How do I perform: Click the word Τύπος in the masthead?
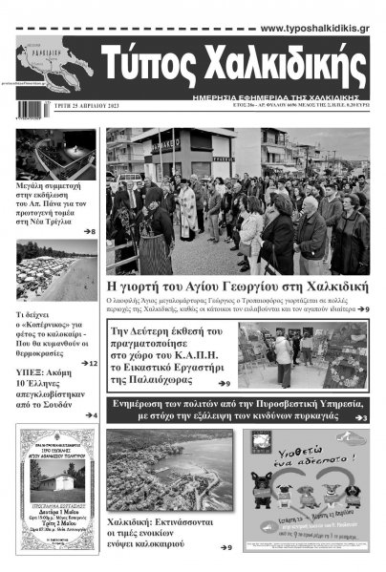click(x=158, y=68)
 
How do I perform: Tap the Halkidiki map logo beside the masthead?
click(x=55, y=65)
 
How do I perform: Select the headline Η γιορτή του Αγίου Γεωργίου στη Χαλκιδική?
click(x=237, y=287)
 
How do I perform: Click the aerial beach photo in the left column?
click(x=56, y=271)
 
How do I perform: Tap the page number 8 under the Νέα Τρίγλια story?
click(x=90, y=232)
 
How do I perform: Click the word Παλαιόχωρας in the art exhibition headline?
click(x=162, y=379)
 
